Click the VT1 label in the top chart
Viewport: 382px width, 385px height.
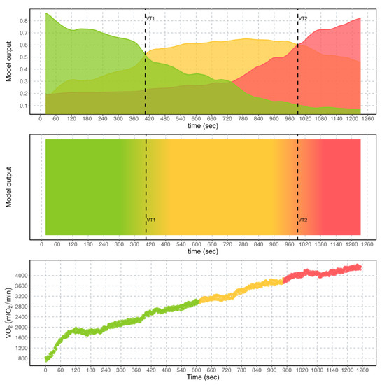pos(150,19)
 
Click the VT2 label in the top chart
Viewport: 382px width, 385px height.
pos(303,19)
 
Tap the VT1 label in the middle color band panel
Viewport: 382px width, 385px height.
pos(150,220)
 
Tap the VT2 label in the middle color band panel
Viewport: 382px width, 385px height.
pos(303,220)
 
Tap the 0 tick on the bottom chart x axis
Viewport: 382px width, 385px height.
pos(46,372)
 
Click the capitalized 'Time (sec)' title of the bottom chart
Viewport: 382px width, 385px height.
pos(203,379)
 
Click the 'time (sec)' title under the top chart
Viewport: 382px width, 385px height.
pos(203,127)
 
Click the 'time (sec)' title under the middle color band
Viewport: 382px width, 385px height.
pos(203,254)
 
